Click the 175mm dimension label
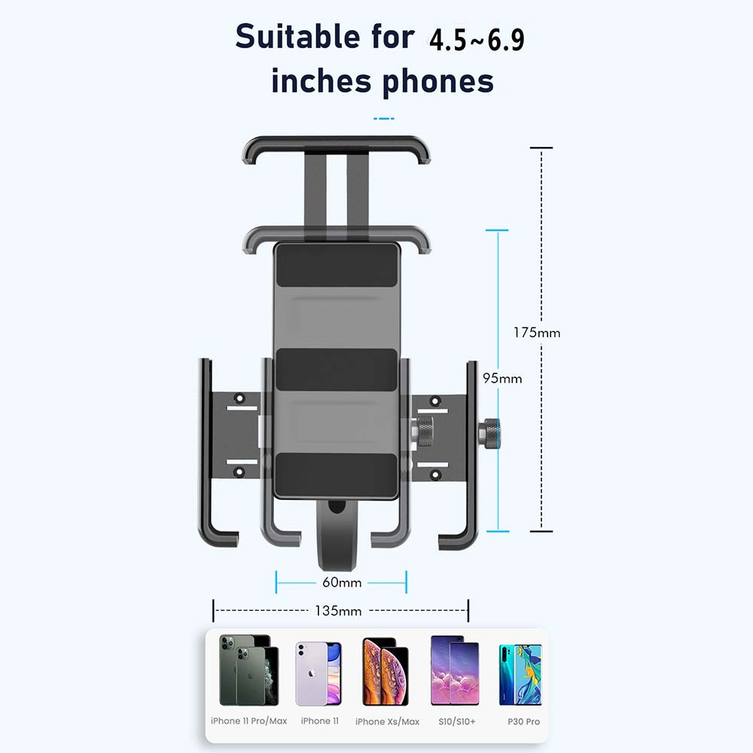(x=536, y=332)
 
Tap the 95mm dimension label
(x=502, y=379)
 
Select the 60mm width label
(x=341, y=583)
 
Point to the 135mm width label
(x=338, y=611)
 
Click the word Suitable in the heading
(x=297, y=37)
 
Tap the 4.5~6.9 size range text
(x=477, y=39)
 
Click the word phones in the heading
(x=438, y=82)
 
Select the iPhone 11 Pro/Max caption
(x=248, y=721)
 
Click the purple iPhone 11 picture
(x=319, y=673)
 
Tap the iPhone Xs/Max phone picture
(x=385, y=672)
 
